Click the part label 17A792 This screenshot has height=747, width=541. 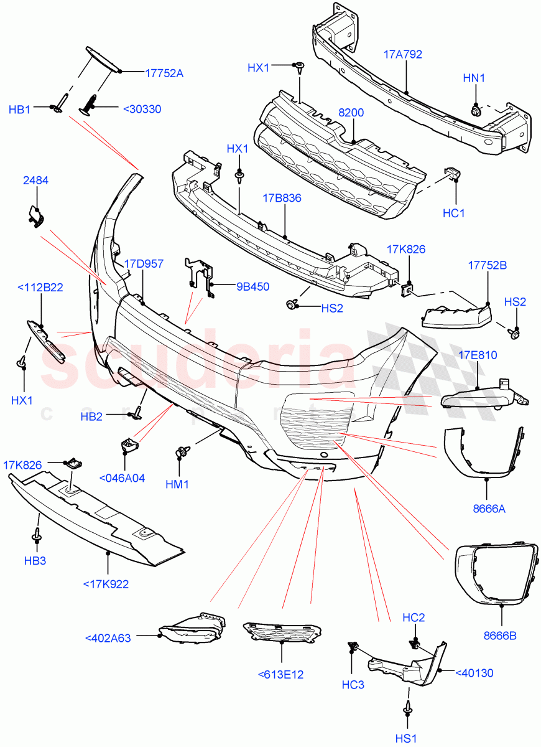coord(402,55)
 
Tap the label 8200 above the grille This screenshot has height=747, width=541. coord(351,113)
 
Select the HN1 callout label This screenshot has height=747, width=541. coord(474,78)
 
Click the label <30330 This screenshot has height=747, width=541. coord(142,109)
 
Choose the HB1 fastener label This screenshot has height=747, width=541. coord(20,110)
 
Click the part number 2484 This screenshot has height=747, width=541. coord(36,181)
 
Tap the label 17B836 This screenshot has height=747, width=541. coord(282,199)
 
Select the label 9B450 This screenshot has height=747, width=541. coord(252,287)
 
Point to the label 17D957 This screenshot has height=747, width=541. coord(142,264)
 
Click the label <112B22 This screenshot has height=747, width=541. coord(40,287)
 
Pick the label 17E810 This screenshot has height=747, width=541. coord(478,355)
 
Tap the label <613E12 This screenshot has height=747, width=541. coord(282,674)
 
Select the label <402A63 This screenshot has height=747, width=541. coord(108,637)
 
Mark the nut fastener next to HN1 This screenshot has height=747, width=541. coord(476,111)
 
